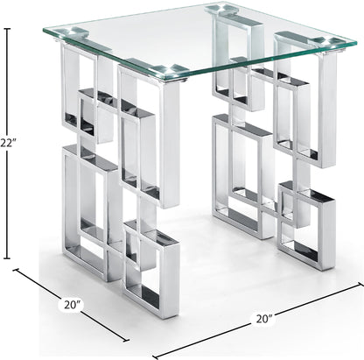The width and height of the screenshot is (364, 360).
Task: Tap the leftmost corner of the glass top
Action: (40, 32)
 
